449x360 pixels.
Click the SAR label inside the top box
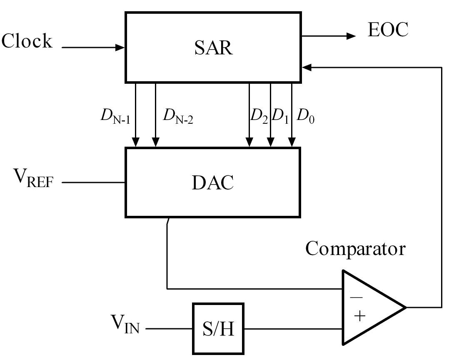(213, 48)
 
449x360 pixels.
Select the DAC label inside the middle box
(213, 182)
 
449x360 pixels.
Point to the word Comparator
(355, 249)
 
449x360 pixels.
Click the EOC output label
(388, 30)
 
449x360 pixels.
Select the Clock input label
(27, 42)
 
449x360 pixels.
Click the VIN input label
(125, 324)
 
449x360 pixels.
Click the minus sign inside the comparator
(356, 297)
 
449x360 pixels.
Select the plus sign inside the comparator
(359, 316)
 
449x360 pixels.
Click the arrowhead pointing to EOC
(351, 36)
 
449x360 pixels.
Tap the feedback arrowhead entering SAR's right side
(306, 67)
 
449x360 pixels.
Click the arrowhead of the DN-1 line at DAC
(135, 143)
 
